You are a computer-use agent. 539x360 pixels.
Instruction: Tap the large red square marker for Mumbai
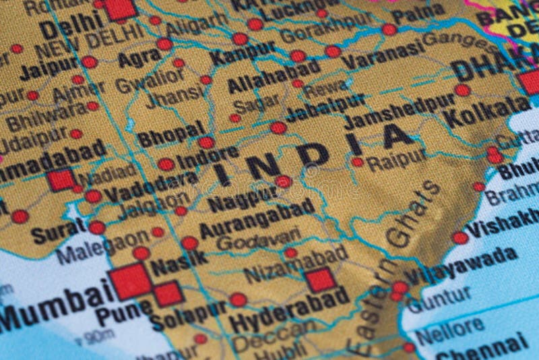[x=130, y=281]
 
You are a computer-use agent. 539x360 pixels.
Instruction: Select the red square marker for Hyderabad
[x=319, y=280]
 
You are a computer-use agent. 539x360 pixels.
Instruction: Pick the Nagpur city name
[x=243, y=200]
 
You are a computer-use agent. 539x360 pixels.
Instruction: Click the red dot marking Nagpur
[x=283, y=181]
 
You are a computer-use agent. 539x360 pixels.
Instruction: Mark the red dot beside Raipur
[x=357, y=162]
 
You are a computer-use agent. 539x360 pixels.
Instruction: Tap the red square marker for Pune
[x=168, y=294]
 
